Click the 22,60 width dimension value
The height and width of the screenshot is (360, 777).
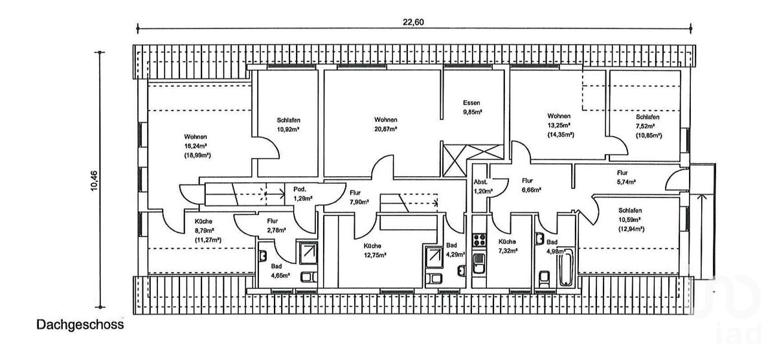pos(413,22)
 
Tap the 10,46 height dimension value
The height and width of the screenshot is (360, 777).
pos(94,181)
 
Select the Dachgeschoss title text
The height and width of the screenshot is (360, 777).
pos(80,324)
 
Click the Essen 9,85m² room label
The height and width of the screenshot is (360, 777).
pos(472,107)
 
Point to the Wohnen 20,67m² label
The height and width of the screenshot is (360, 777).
pos(386,124)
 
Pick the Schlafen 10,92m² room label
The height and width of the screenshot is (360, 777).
pos(289,125)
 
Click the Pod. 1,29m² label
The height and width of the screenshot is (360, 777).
pos(303,194)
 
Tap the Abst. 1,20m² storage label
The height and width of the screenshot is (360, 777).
pos(483,186)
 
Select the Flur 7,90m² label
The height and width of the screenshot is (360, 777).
pos(359,197)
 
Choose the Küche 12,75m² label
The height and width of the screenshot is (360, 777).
pos(375,251)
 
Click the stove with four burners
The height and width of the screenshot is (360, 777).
pos(480,240)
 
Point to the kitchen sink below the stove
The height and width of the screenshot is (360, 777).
pos(480,263)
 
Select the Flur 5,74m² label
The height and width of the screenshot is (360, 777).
pos(626,177)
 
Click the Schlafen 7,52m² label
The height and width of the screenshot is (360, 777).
pos(648,126)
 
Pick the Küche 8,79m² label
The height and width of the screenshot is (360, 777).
pos(208,231)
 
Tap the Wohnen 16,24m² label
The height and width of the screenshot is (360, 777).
pos(197,146)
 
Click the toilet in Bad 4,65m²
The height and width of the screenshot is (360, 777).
pos(308,277)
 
